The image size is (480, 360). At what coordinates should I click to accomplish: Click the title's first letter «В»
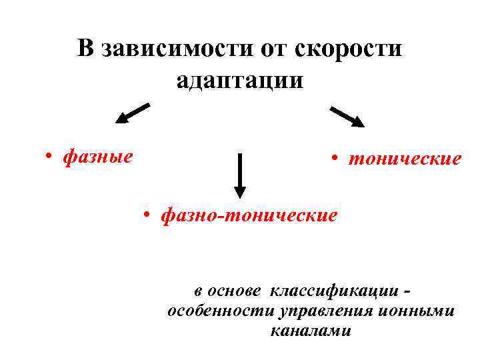pyautogui.click(x=85, y=49)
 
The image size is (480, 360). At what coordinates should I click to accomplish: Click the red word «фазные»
pyautogui.click(x=97, y=157)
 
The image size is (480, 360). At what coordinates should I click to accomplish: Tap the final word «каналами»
pyautogui.click(x=311, y=331)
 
